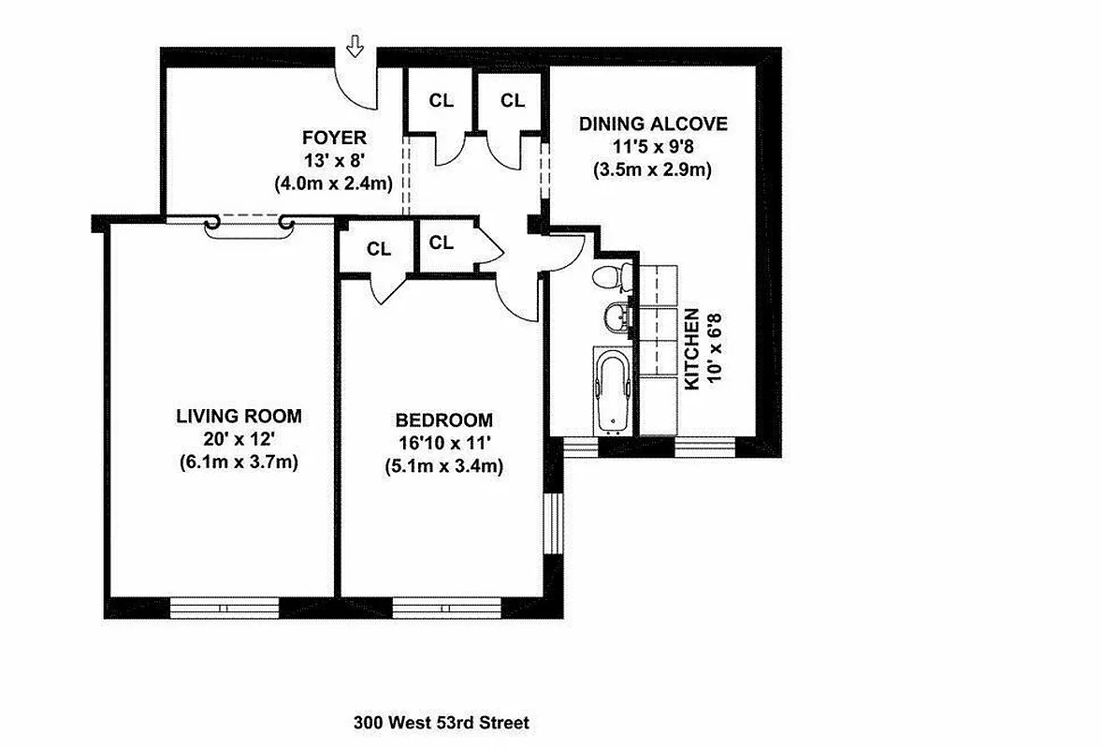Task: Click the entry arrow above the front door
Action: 355,44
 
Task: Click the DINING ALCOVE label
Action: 652,125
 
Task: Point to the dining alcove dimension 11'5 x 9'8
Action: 652,147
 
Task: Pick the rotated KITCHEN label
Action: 692,348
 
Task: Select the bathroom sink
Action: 616,317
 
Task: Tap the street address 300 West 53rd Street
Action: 442,723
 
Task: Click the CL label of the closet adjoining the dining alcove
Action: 512,100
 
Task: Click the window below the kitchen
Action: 707,447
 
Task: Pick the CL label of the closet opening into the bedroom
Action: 378,249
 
